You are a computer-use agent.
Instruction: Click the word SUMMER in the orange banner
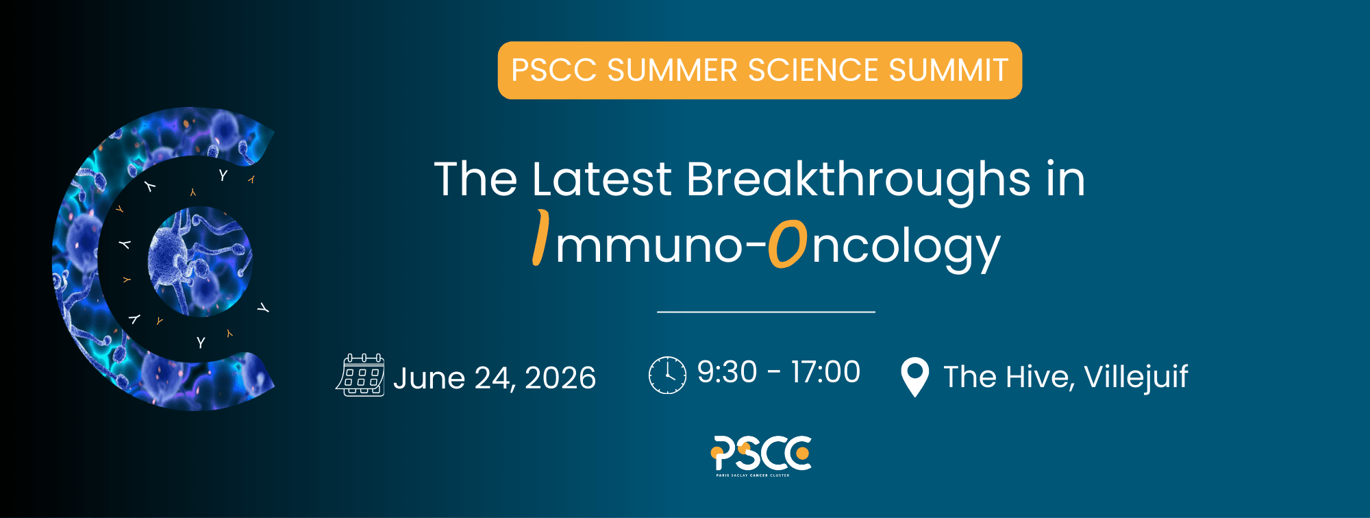(x=672, y=71)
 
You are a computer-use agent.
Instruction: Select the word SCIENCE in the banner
(x=813, y=71)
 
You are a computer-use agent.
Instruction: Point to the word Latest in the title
(x=602, y=180)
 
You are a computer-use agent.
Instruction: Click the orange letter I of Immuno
(x=541, y=237)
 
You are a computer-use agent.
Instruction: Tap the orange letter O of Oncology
(x=787, y=244)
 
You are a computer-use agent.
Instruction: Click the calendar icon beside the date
(x=360, y=375)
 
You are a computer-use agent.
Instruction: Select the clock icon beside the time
(x=667, y=375)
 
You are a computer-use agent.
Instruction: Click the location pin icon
(x=914, y=377)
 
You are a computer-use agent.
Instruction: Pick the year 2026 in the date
(x=560, y=378)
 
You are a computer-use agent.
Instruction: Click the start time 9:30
(x=727, y=372)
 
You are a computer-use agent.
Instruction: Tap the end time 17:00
(x=825, y=372)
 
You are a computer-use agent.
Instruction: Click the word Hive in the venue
(x=1035, y=377)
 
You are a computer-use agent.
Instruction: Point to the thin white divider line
(x=766, y=312)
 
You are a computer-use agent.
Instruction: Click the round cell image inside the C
(x=200, y=261)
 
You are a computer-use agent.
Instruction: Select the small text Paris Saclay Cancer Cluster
(x=753, y=475)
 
